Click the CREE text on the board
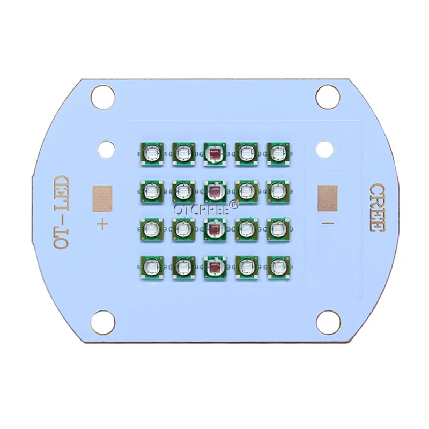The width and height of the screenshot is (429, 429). point(378,208)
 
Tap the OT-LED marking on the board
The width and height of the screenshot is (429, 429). point(61,212)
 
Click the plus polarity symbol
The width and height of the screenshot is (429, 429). point(102,224)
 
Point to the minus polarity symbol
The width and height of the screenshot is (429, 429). point(328,223)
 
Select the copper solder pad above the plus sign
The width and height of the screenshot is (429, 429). point(102,199)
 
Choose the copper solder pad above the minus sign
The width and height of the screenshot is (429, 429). point(328,198)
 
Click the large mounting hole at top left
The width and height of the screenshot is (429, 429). point(103,97)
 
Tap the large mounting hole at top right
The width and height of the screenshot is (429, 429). point(328,97)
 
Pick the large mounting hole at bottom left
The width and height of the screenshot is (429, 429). point(103,322)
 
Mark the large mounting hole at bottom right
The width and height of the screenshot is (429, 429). point(328,323)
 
